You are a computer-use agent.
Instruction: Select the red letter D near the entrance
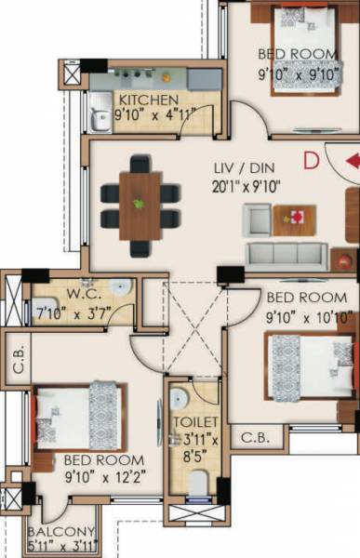312,160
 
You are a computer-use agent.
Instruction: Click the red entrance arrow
352,161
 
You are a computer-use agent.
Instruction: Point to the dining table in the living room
140,204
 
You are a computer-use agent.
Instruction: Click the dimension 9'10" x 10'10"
306,314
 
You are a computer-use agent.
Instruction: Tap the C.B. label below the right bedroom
252,436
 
